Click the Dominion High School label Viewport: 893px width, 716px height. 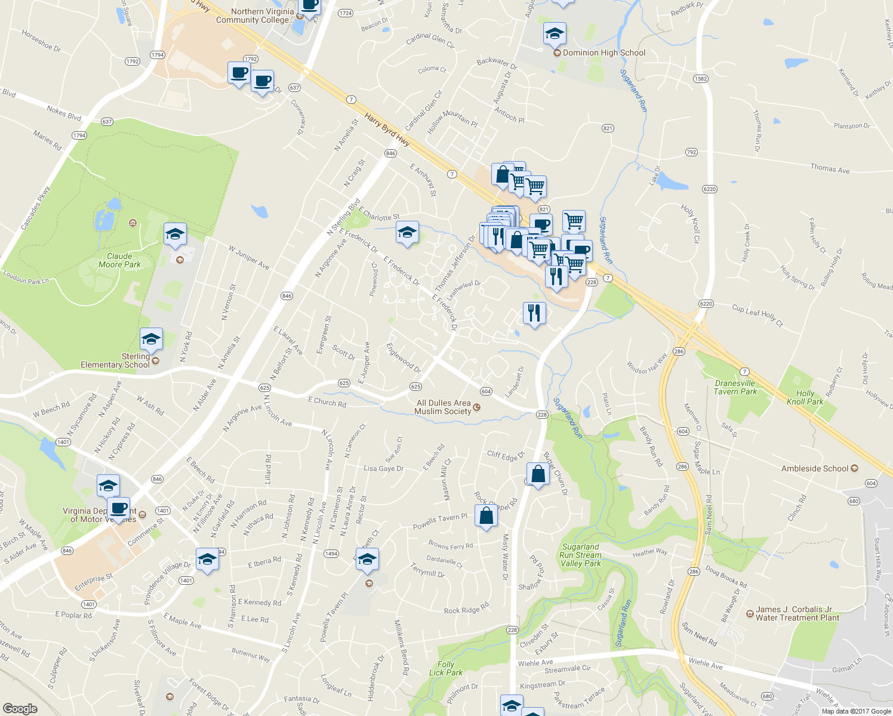[603, 53]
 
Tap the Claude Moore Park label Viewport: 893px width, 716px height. [119, 260]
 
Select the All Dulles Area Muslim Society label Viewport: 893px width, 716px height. [443, 407]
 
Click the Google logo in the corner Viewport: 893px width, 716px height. [20, 708]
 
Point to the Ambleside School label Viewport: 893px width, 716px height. [815, 468]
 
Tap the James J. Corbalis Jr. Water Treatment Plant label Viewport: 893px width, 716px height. [797, 613]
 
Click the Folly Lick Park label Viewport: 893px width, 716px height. [445, 668]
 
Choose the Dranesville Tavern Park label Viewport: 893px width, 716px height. [735, 387]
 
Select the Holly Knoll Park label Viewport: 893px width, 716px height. [805, 397]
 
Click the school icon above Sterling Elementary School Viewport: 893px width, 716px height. [151, 340]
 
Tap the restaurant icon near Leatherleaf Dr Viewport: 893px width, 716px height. [534, 313]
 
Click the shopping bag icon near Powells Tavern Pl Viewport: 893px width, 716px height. [486, 516]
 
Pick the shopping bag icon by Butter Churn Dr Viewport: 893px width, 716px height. [538, 475]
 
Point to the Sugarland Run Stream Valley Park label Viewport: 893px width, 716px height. [580, 555]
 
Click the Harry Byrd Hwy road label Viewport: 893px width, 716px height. [387, 130]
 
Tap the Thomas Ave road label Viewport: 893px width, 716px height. [830, 169]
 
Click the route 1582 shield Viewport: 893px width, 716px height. [700, 79]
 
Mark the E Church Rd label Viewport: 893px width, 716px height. [327, 402]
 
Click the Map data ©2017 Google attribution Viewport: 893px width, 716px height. [856, 711]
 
